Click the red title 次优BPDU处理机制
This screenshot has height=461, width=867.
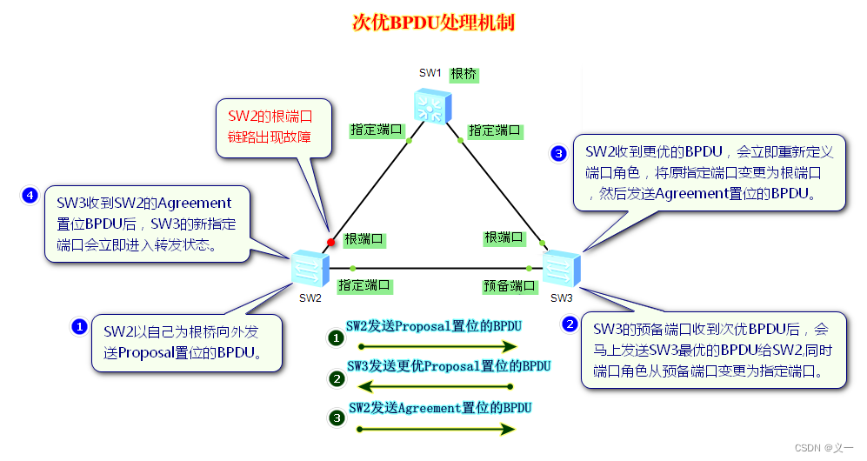[433, 23]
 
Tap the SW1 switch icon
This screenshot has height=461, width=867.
[432, 106]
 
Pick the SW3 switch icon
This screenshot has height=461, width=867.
[561, 269]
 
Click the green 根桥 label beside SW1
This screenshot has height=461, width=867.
[464, 73]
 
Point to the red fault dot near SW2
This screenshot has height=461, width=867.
[330, 242]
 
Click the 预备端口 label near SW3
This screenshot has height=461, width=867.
[509, 285]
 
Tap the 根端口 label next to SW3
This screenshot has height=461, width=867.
[504, 237]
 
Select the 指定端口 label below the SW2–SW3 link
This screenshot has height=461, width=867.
[364, 285]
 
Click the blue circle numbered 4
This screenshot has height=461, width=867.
[30, 196]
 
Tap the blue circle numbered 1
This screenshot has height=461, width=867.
[78, 327]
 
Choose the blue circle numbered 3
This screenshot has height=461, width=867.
[559, 154]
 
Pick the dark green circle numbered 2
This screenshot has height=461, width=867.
[337, 379]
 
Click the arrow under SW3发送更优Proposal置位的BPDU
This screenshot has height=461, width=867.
[432, 386]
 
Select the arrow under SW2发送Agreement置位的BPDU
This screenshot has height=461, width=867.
[432, 429]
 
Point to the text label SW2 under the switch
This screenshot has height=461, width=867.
[310, 297]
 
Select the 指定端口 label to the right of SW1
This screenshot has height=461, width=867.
[495, 130]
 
